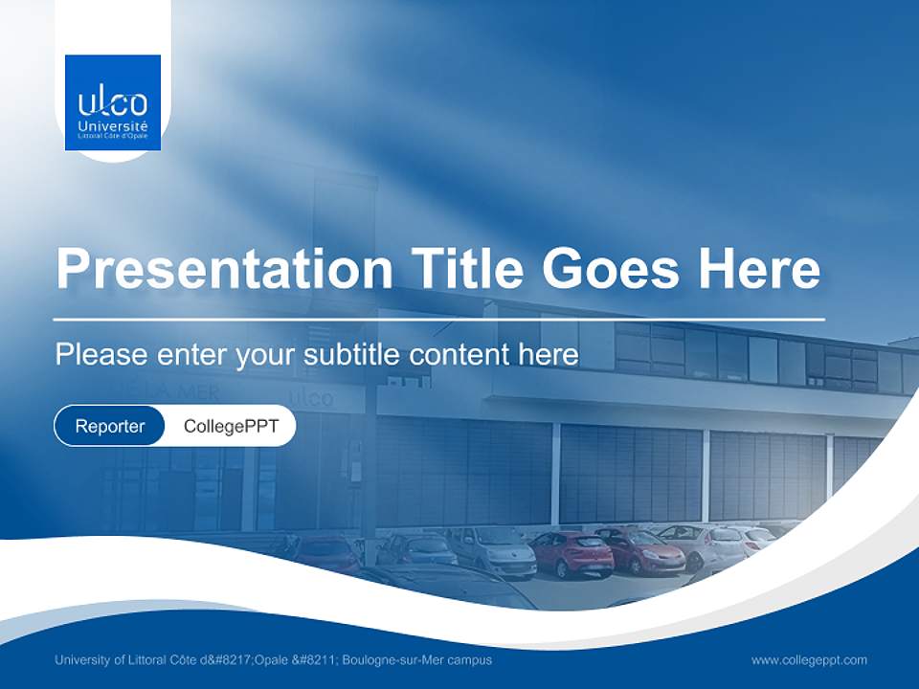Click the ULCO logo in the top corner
tap(113, 102)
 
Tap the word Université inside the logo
tap(113, 126)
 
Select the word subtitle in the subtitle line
tap(352, 354)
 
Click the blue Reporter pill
tap(110, 426)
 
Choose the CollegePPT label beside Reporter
tap(231, 426)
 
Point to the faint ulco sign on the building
tap(311, 396)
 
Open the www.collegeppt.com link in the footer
tap(809, 660)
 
